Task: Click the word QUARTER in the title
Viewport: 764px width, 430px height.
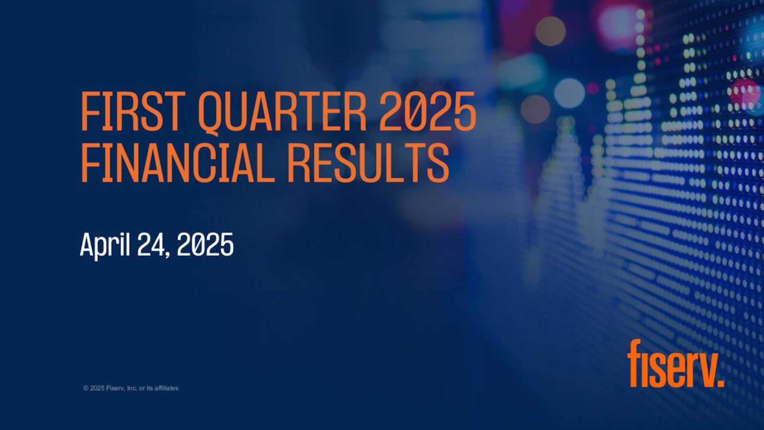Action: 282,112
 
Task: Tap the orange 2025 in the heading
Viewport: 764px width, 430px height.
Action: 427,111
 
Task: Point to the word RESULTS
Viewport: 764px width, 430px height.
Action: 368,163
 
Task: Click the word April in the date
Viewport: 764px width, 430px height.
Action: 105,245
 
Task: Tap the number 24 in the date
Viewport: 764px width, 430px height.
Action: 150,244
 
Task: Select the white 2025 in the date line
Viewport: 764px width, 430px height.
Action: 205,244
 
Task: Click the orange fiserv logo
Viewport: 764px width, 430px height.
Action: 675,364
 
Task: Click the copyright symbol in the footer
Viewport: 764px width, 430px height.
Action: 86,388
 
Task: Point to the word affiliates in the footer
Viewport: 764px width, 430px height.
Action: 166,388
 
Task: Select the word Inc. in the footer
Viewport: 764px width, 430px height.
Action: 132,388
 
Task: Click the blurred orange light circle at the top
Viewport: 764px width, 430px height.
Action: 550,31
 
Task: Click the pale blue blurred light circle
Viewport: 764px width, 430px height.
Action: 569,93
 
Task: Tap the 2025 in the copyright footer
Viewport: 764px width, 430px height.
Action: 97,388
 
